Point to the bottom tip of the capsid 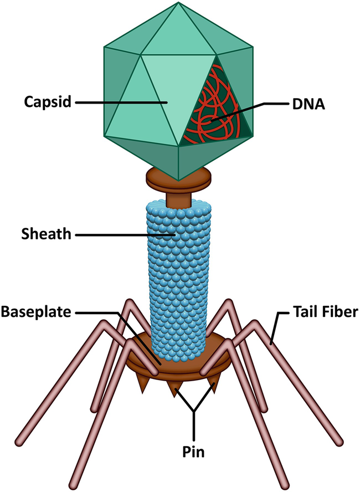[x=178, y=179]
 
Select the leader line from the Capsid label [x=119, y=102]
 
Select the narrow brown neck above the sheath [x=179, y=197]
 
